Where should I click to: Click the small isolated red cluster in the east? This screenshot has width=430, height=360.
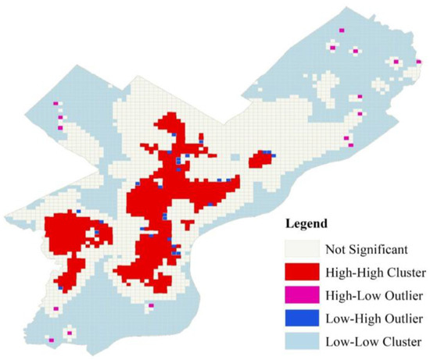point(260,159)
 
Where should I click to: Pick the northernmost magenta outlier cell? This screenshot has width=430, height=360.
point(342,30)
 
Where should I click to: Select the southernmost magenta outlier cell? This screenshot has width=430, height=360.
point(52,340)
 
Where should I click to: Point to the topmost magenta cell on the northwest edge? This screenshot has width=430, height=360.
point(56,104)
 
